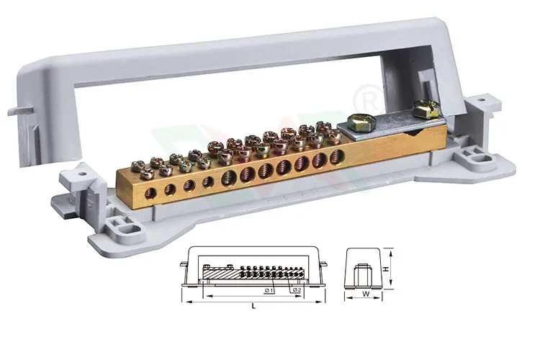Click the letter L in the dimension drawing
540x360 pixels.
253,307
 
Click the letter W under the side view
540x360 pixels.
366,294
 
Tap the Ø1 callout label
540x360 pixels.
268,289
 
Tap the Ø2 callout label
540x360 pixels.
296,289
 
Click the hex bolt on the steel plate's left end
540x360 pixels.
358,123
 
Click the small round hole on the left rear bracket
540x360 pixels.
81,173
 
